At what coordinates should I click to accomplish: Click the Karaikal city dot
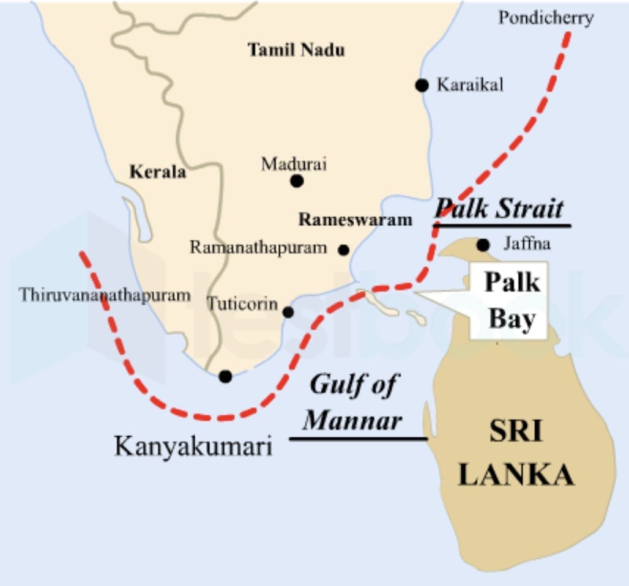(421, 85)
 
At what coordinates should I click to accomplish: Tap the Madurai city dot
(297, 180)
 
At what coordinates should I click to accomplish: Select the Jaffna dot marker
(483, 245)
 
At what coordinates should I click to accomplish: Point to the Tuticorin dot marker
(288, 312)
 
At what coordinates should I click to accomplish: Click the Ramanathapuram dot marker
(343, 250)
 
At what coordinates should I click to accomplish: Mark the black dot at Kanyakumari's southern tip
(225, 376)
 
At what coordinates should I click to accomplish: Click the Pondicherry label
(545, 18)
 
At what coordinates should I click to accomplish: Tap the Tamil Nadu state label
(296, 50)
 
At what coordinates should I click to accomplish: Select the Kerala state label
(158, 172)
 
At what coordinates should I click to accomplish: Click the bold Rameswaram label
(355, 220)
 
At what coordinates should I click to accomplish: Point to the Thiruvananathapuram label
(105, 295)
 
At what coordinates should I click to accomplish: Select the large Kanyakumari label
(193, 447)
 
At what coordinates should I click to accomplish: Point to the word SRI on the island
(515, 432)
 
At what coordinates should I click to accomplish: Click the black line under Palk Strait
(502, 226)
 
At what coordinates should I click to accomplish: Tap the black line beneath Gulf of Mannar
(358, 439)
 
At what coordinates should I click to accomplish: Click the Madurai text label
(294, 164)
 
